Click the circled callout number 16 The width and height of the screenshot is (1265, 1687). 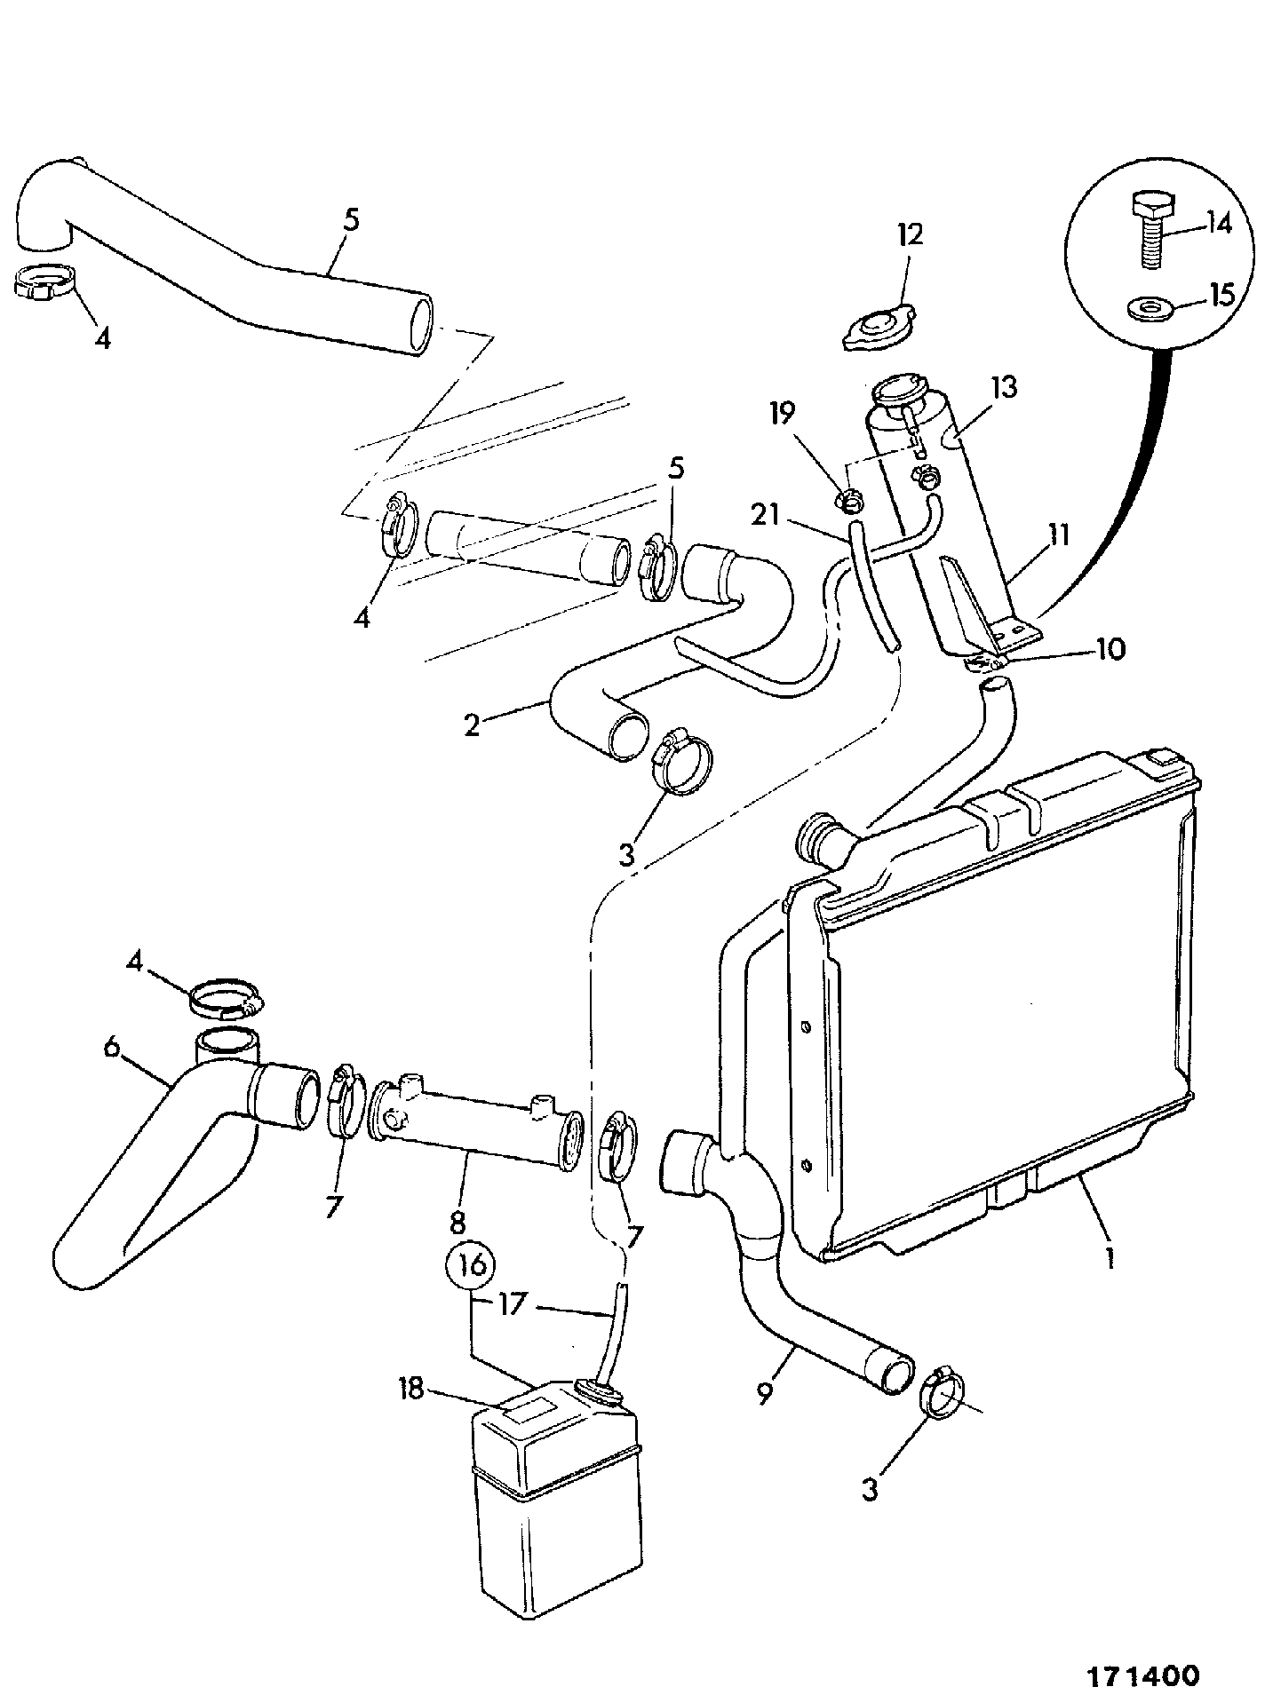[x=473, y=1264]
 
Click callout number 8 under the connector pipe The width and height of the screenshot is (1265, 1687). [x=457, y=1223]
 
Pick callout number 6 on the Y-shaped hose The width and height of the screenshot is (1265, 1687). [x=110, y=1047]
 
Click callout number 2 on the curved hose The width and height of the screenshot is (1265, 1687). [x=472, y=725]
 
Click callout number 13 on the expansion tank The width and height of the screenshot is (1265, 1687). [x=1001, y=387]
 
